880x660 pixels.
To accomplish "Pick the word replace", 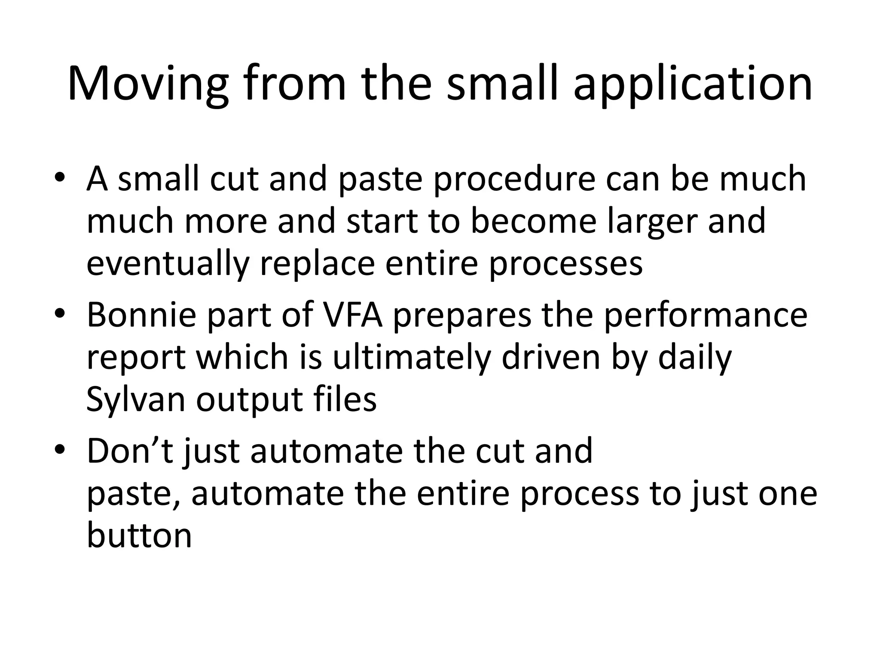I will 317,263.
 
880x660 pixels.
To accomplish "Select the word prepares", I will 462,316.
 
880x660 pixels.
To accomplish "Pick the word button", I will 139,535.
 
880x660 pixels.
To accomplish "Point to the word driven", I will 550,357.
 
